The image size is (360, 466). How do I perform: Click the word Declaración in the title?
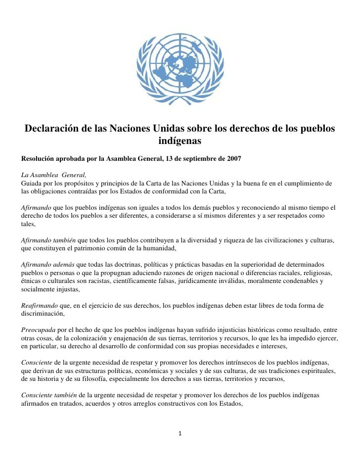point(52,129)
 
